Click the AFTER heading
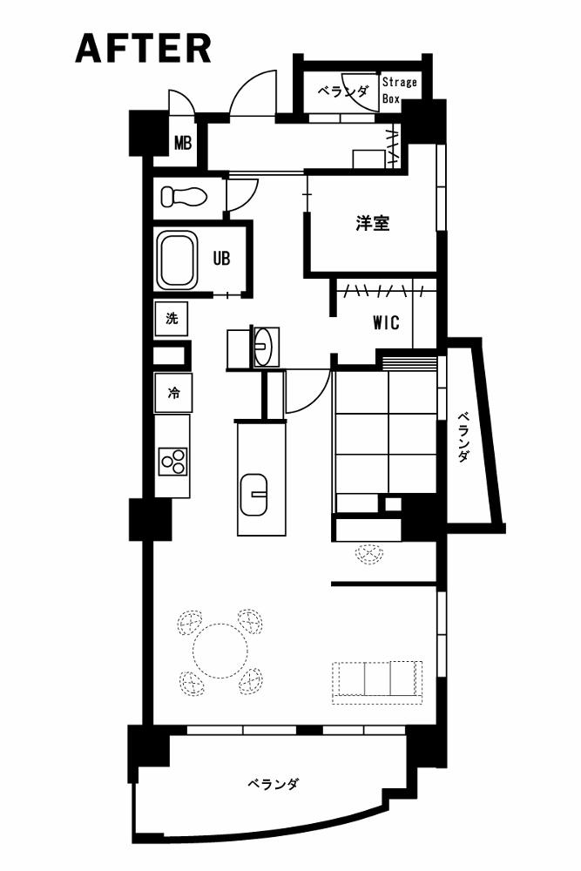point(143,48)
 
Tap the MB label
point(183,143)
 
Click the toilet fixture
point(184,196)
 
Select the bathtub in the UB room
point(178,260)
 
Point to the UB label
point(221,259)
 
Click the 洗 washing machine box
point(172,319)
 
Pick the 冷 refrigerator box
point(173,394)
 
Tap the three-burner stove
point(173,461)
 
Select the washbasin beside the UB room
point(266,347)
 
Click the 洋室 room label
point(373,223)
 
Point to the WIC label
point(386,323)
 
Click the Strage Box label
point(399,91)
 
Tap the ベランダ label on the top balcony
point(342,91)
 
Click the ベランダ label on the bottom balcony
point(274,784)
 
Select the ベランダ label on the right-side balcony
point(463,437)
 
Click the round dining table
point(220,651)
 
